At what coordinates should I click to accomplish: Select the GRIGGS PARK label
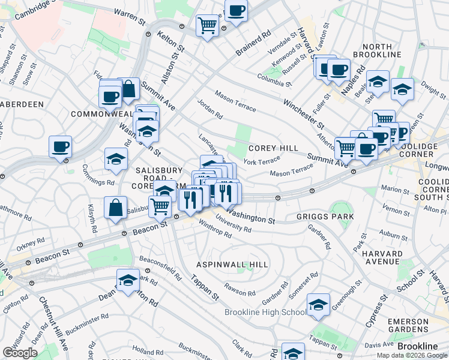click(325, 216)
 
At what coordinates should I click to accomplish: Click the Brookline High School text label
click(265, 312)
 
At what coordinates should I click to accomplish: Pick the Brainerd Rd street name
click(250, 43)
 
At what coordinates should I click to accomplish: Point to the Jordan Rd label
click(210, 109)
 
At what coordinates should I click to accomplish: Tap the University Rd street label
click(235, 227)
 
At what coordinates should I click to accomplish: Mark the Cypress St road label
click(376, 310)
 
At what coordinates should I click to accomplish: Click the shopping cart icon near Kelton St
click(207, 25)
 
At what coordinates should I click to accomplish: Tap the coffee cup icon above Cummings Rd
click(60, 146)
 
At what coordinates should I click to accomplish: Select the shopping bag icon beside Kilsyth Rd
click(115, 208)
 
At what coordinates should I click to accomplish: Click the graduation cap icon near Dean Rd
click(128, 280)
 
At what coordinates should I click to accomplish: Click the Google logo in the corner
click(20, 353)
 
